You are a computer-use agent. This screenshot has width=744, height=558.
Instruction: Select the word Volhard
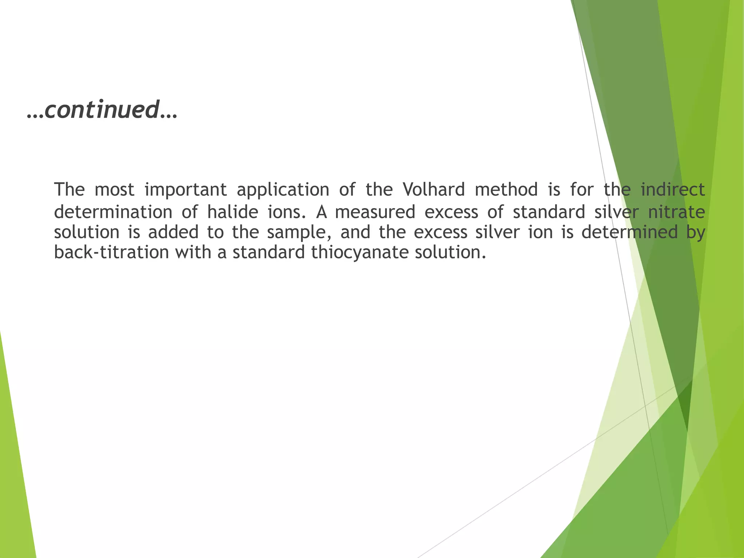tap(434, 190)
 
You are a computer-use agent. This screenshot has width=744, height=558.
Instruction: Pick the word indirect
tap(673, 190)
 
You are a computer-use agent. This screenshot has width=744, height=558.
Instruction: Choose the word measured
tap(375, 212)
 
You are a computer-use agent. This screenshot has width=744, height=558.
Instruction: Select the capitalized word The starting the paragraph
tap(69, 190)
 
